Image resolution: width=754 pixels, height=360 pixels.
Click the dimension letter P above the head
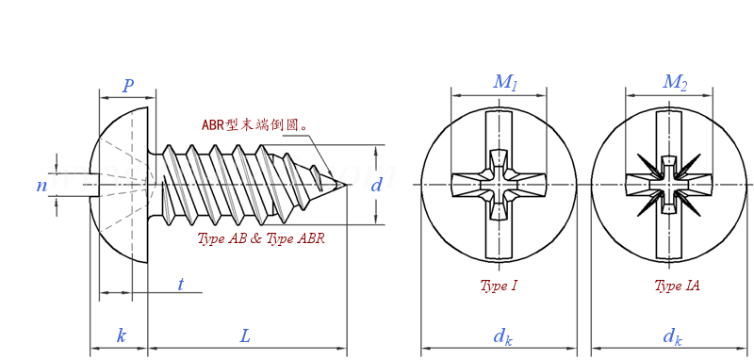[127, 87]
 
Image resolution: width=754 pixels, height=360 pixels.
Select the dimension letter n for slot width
[41, 186]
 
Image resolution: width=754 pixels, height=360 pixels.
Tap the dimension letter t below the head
[180, 284]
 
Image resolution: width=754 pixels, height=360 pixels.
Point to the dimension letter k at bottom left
[121, 335]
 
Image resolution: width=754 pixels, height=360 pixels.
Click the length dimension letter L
[245, 335]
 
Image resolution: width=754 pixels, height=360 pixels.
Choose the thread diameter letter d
[376, 185]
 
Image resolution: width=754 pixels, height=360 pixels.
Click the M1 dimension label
[505, 83]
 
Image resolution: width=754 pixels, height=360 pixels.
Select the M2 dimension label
[675, 83]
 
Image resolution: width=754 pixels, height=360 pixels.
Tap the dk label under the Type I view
[502, 336]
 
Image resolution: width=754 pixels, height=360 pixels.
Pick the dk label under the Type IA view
[672, 336]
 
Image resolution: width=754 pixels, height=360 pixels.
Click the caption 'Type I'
[499, 286]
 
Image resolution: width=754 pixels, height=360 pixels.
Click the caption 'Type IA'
[677, 286]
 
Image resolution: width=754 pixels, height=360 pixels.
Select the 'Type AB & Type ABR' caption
[261, 238]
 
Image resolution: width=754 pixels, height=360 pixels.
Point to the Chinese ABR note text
[255, 125]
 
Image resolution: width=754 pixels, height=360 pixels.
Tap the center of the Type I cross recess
[499, 185]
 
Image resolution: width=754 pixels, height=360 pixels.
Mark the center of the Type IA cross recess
[669, 185]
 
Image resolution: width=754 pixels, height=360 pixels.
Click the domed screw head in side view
[121, 185]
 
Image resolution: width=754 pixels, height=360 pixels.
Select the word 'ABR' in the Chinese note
[213, 125]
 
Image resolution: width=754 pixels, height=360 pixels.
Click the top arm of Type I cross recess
[499, 132]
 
